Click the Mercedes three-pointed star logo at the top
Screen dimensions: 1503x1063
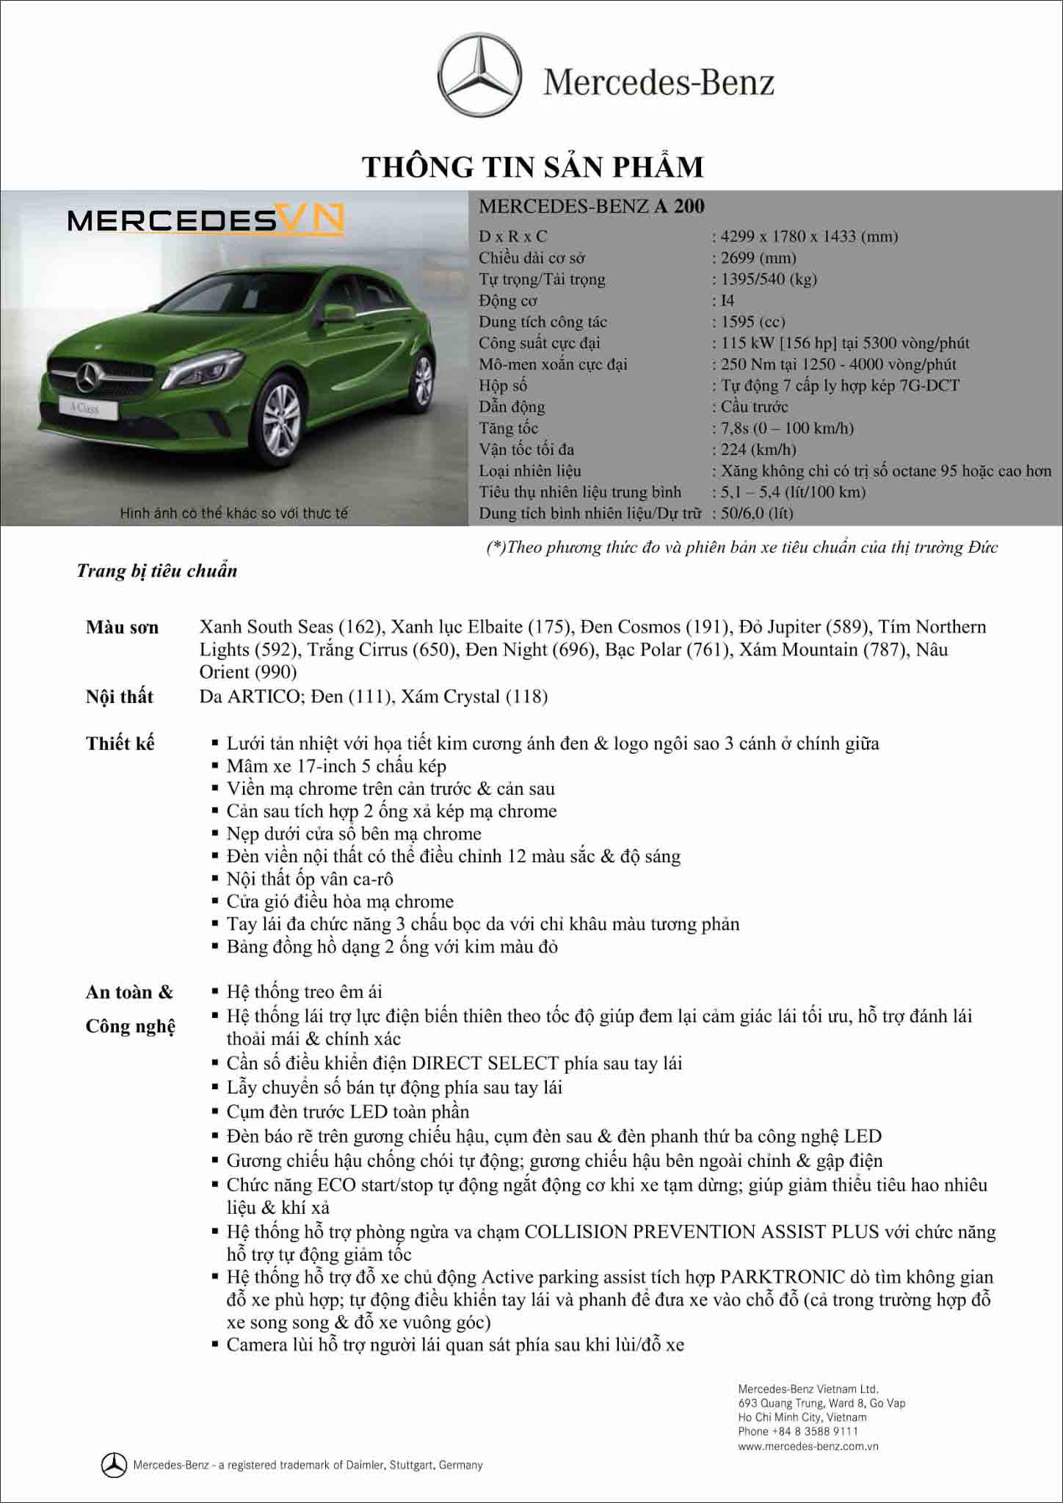(x=480, y=75)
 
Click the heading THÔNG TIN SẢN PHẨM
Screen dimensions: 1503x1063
(x=532, y=167)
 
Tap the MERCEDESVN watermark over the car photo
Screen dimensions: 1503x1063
(x=206, y=219)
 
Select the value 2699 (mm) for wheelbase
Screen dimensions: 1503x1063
(x=758, y=258)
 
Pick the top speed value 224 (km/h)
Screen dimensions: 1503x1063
(x=758, y=449)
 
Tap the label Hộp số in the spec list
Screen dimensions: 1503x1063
(x=503, y=385)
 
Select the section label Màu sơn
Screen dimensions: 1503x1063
(x=122, y=627)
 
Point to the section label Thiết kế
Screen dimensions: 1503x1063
(x=120, y=743)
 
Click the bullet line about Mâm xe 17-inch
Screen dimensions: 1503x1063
(x=336, y=766)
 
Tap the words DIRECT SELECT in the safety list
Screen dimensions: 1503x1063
(x=485, y=1063)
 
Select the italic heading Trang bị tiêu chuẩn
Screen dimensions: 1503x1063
(x=157, y=571)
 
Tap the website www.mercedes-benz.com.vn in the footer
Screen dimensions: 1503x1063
(x=808, y=1446)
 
